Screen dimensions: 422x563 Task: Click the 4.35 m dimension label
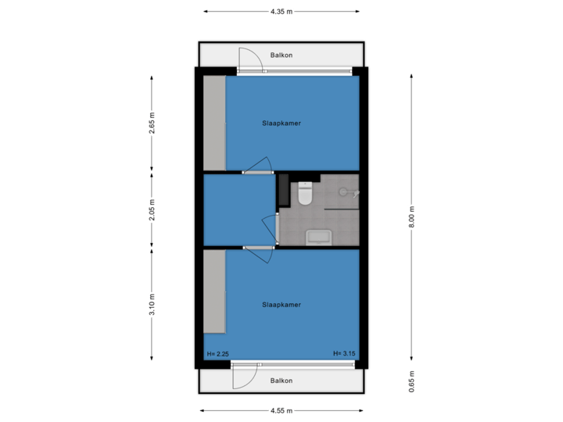[x=281, y=12]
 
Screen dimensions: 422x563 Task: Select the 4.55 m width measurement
[x=281, y=409]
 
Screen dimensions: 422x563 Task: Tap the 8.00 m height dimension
[x=411, y=216]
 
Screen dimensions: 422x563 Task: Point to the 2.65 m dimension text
[x=152, y=124]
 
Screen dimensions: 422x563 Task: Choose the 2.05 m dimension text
[x=152, y=211]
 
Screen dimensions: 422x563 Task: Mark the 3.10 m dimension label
[x=152, y=303]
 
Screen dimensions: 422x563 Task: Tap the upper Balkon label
[x=281, y=55]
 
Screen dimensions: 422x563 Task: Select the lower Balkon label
[x=281, y=381]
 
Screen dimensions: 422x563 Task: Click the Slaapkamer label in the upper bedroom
[x=282, y=123]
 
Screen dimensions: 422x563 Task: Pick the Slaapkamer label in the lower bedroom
[x=282, y=305]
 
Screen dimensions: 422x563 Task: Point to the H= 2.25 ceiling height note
[x=217, y=354]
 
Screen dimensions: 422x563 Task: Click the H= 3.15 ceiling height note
[x=344, y=354]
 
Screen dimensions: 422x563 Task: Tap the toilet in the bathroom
[x=305, y=194]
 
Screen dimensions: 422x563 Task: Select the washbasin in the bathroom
[x=318, y=236]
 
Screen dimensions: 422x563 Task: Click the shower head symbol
[x=344, y=192]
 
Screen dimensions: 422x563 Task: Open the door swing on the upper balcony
[x=249, y=61]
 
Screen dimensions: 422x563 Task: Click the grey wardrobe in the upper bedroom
[x=214, y=123]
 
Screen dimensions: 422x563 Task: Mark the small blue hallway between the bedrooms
[x=238, y=210]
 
